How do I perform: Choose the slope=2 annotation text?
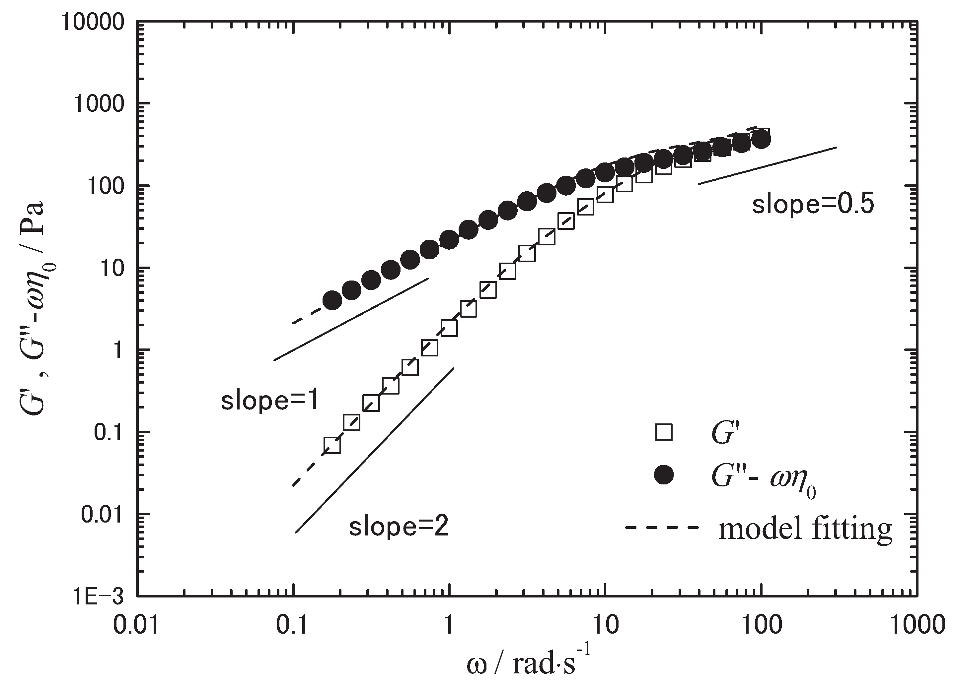click(x=398, y=527)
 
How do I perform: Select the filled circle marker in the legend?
click(x=664, y=475)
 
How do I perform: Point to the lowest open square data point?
click(x=332, y=445)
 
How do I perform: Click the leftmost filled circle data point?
click(x=332, y=300)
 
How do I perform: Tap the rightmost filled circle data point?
click(x=761, y=140)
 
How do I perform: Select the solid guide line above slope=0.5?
click(x=767, y=166)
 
